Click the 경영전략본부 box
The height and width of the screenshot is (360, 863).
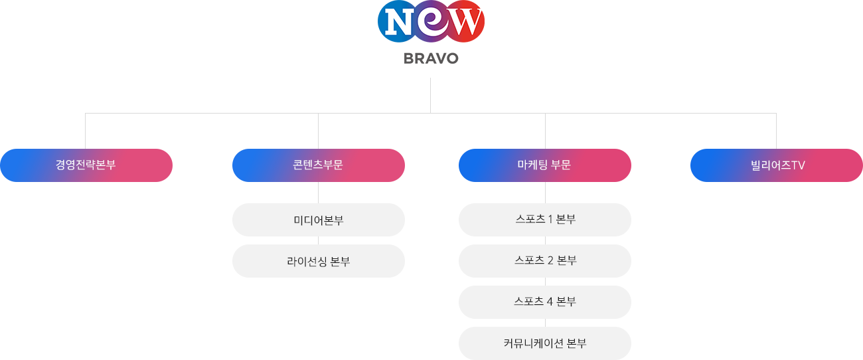86,165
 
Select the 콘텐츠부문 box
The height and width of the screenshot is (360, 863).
319,165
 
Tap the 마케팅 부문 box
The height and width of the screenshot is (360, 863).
545,165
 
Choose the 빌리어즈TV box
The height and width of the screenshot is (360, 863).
777,165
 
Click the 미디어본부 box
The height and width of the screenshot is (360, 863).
319,220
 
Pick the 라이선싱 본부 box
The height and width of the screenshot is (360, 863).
319,261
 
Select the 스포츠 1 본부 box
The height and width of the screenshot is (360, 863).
545,220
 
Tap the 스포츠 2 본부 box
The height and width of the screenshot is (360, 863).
545,261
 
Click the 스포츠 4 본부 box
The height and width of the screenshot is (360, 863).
545,302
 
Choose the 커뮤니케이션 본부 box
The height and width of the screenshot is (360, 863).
545,343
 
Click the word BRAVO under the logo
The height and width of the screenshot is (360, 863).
431,58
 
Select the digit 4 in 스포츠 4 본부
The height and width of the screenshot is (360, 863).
550,302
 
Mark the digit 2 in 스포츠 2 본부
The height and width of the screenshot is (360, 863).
550,260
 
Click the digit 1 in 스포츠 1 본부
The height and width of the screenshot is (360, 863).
550,219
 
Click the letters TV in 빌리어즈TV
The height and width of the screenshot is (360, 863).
798,165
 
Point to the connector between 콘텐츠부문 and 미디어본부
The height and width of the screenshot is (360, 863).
318,193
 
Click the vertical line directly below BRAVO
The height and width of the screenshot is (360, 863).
430,96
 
